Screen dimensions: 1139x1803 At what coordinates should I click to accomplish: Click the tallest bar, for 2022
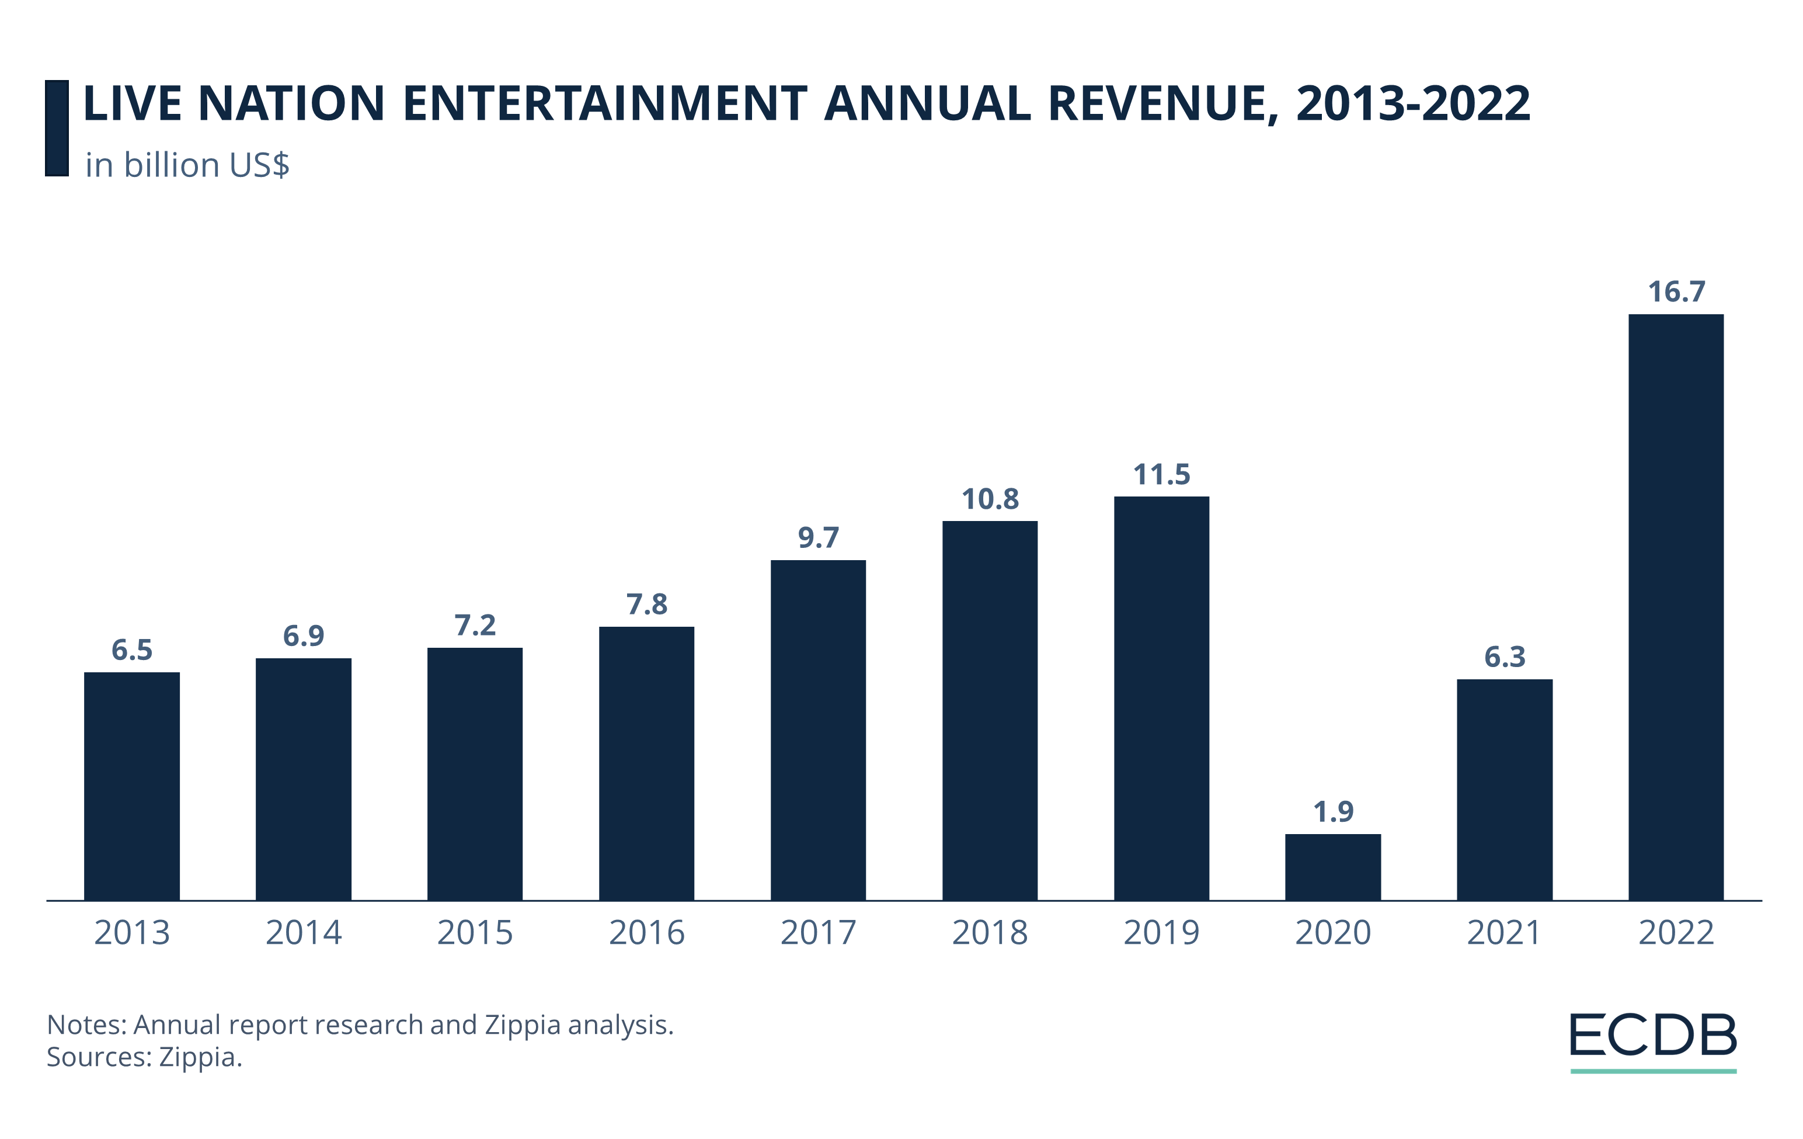pyautogui.click(x=1676, y=606)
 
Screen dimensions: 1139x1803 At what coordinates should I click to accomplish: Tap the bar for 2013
pyautogui.click(x=132, y=786)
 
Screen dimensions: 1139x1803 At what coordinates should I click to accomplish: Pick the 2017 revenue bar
pyautogui.click(x=817, y=730)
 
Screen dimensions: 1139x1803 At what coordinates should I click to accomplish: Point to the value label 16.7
pyautogui.click(x=1676, y=291)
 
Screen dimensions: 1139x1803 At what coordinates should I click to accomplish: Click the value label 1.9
pyautogui.click(x=1333, y=811)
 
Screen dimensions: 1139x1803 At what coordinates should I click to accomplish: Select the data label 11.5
pyautogui.click(x=1161, y=474)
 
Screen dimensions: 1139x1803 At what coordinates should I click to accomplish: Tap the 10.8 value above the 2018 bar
pyautogui.click(x=990, y=499)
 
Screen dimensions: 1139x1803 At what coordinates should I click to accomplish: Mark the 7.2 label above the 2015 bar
pyautogui.click(x=475, y=626)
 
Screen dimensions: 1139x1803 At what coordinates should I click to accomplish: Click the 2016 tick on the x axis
pyautogui.click(x=646, y=932)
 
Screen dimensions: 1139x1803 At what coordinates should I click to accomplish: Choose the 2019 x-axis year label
pyautogui.click(x=1161, y=932)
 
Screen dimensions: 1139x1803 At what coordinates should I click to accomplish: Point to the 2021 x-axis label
pyautogui.click(x=1503, y=932)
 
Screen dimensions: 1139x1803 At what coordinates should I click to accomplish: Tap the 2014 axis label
pyautogui.click(x=303, y=932)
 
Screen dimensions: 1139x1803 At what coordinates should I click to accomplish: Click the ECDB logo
pyautogui.click(x=1652, y=1037)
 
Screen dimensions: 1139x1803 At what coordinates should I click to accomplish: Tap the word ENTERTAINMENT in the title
pyautogui.click(x=605, y=103)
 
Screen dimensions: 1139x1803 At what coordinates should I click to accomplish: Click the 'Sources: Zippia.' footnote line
pyautogui.click(x=145, y=1057)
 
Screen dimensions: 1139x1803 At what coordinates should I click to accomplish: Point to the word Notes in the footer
pyautogui.click(x=85, y=1025)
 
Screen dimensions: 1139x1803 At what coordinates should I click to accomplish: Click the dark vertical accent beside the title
pyautogui.click(x=57, y=128)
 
